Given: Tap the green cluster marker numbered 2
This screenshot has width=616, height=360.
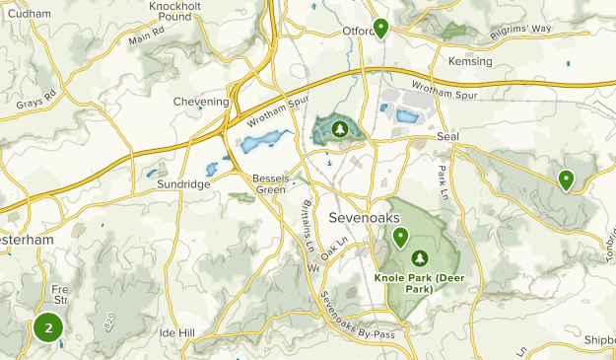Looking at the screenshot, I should (x=48, y=327).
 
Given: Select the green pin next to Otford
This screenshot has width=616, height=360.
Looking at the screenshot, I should (x=380, y=27).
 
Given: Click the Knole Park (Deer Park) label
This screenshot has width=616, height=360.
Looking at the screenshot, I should (x=419, y=283).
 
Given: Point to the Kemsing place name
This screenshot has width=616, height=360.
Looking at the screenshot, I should (x=469, y=61).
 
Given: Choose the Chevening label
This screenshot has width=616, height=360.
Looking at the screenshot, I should (x=201, y=101).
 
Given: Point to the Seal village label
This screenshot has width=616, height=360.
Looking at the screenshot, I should (x=447, y=136).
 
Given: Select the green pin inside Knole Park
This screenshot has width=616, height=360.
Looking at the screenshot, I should (x=401, y=237).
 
